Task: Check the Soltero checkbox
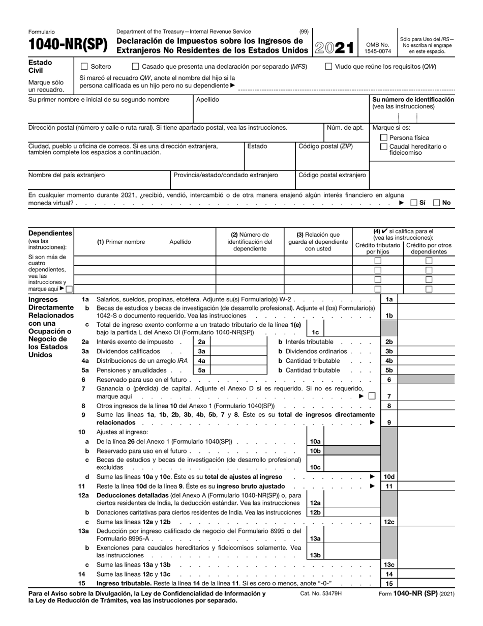84,67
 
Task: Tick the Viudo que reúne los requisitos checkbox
328,67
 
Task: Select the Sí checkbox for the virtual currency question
414,203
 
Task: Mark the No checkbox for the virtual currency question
437,203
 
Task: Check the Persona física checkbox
384,138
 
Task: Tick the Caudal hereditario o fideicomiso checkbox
384,147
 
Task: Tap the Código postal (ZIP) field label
325,147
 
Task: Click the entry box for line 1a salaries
426,300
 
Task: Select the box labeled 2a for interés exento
201,342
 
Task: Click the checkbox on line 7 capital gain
372,396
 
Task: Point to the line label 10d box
389,477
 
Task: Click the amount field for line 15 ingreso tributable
426,584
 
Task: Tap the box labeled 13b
315,555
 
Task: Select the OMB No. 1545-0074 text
378,48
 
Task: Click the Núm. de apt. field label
345,128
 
